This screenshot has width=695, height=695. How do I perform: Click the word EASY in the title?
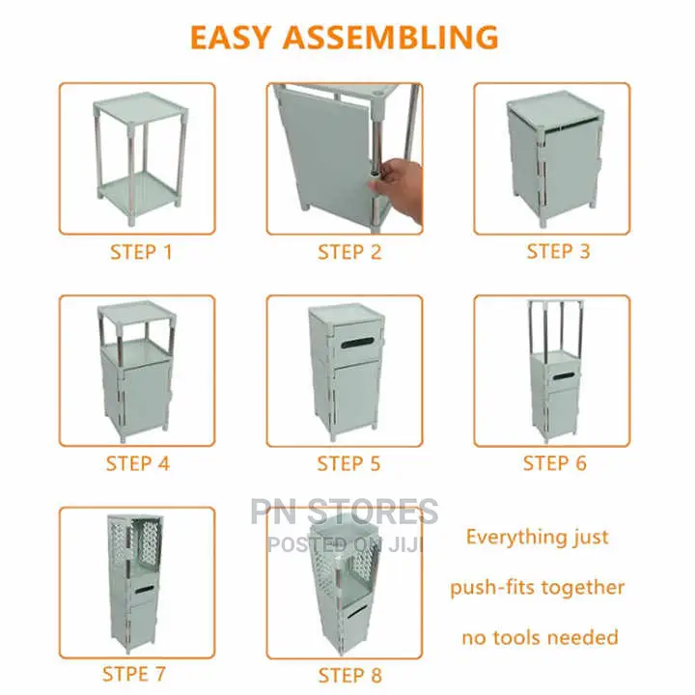click(231, 37)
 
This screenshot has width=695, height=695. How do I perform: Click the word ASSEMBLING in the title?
click(391, 37)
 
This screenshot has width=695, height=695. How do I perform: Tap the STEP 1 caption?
click(141, 252)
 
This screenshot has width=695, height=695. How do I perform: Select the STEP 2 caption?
click(349, 252)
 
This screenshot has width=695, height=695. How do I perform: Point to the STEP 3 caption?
click(558, 251)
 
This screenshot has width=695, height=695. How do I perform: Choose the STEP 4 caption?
click(138, 463)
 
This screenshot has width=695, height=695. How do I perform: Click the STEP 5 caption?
click(348, 463)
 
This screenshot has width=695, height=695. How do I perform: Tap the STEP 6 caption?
click(554, 463)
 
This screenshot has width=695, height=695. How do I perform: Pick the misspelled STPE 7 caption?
click(134, 674)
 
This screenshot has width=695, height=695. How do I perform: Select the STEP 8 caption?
click(349, 676)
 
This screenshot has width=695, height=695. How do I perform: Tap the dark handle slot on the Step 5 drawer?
click(358, 343)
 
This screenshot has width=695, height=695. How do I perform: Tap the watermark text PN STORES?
click(345, 511)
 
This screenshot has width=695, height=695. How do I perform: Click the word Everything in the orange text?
click(504, 538)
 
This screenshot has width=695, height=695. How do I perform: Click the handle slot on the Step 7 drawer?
click(145, 590)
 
